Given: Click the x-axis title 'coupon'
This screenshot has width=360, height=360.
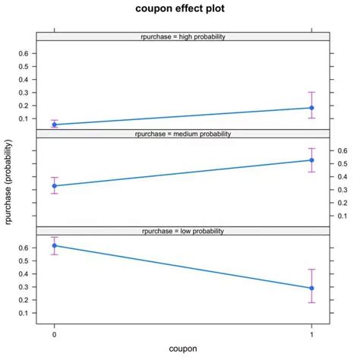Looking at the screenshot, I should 182,349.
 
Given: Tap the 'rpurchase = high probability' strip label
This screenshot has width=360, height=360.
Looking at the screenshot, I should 182,36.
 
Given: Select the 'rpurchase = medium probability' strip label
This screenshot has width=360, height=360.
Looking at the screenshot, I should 182,134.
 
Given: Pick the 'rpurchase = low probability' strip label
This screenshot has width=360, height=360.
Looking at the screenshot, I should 182,231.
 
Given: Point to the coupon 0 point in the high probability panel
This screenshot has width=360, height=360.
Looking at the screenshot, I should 54,125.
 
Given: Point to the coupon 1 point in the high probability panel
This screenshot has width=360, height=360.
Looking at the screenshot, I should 311,108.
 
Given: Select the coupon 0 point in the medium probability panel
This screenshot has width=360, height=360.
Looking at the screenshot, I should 54,185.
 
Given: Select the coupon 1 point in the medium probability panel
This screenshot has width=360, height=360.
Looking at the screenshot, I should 311,159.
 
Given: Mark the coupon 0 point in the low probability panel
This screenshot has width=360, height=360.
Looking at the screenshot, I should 54,245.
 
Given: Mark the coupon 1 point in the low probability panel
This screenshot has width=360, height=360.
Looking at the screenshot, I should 311,288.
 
